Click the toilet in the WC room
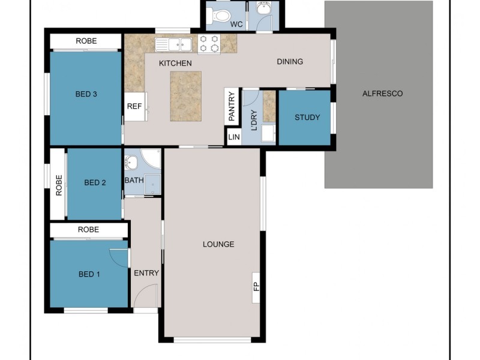[x=221, y=15]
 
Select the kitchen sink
[x=173, y=44]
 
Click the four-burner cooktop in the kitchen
[x=209, y=44]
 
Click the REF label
[x=134, y=106]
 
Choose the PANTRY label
[x=232, y=106]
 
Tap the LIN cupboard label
[x=233, y=137]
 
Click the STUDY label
[x=307, y=118]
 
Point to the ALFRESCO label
[x=382, y=94]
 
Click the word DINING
[x=290, y=61]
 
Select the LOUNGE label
[x=218, y=244]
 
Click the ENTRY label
[x=146, y=273]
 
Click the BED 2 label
[x=95, y=183]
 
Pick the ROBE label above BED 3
[x=86, y=41]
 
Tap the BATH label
[x=133, y=180]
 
